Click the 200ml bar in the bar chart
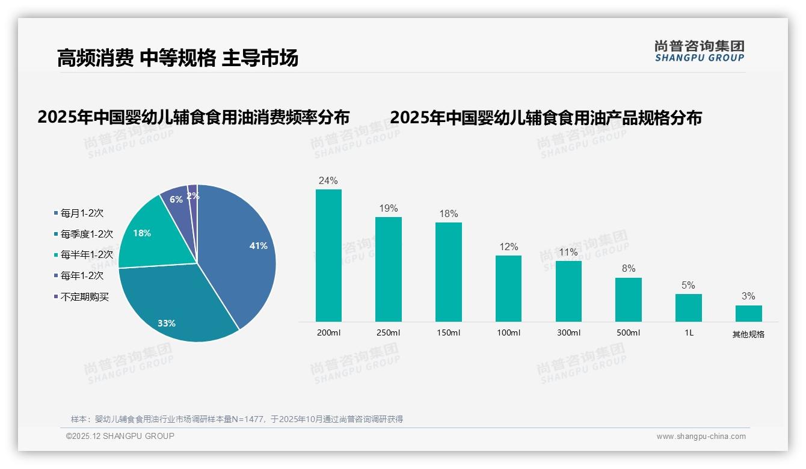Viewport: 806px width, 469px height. click(x=328, y=256)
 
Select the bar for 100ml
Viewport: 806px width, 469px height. click(x=508, y=289)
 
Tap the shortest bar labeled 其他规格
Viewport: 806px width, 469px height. click(x=748, y=313)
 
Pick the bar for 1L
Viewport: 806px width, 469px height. click(x=688, y=308)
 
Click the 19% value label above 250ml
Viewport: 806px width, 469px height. click(x=388, y=208)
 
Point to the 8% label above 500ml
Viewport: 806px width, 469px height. click(x=629, y=268)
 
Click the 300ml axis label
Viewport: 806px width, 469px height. click(x=568, y=333)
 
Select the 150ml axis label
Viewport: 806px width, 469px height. click(x=448, y=333)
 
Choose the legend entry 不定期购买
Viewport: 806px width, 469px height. click(x=85, y=296)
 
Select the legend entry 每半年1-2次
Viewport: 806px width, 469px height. click(x=87, y=255)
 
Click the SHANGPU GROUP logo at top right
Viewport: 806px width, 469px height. click(x=699, y=51)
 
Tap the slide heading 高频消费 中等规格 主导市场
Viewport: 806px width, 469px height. click(x=177, y=58)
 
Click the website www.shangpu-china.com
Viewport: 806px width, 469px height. click(x=701, y=437)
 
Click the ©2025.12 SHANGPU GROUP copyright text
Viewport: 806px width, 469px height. click(x=120, y=436)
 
